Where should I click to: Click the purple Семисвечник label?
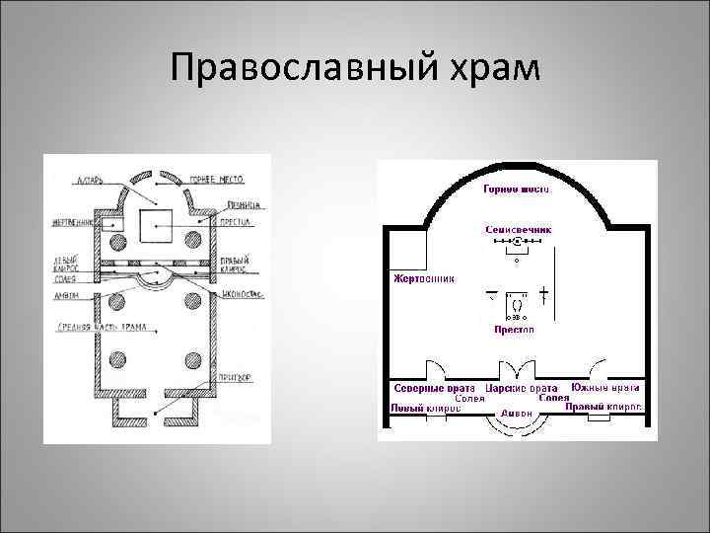point(518,228)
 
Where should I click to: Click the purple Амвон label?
point(516,413)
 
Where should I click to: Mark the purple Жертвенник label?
point(424,278)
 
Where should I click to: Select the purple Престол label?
point(514,330)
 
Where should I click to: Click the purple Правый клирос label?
point(606,405)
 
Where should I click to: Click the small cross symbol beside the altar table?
point(543,295)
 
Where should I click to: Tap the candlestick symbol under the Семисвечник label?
point(517,243)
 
